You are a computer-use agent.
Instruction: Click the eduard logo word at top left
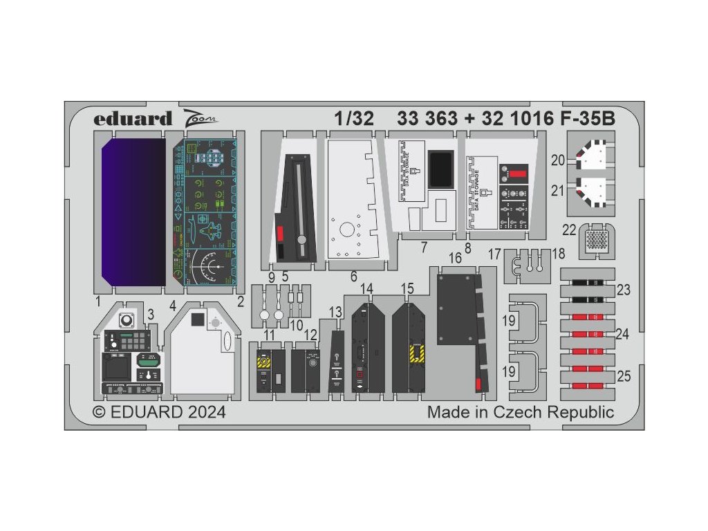[x=133, y=119]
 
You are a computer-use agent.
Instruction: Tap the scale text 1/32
[x=353, y=119]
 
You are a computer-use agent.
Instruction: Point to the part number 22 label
[x=569, y=229]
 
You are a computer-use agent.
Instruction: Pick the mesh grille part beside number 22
[x=595, y=241]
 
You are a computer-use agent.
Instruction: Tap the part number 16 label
[x=455, y=257]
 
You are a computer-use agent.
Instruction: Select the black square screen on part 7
[x=440, y=168]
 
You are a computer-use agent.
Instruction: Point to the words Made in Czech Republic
[x=520, y=413]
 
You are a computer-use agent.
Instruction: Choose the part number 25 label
[x=624, y=377]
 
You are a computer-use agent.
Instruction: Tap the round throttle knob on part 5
[x=302, y=240]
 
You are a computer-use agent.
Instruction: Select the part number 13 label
[x=335, y=313]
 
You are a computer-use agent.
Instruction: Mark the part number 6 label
[x=353, y=277]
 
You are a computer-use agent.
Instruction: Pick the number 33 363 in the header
[x=427, y=119]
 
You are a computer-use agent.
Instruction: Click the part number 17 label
[x=494, y=254]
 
